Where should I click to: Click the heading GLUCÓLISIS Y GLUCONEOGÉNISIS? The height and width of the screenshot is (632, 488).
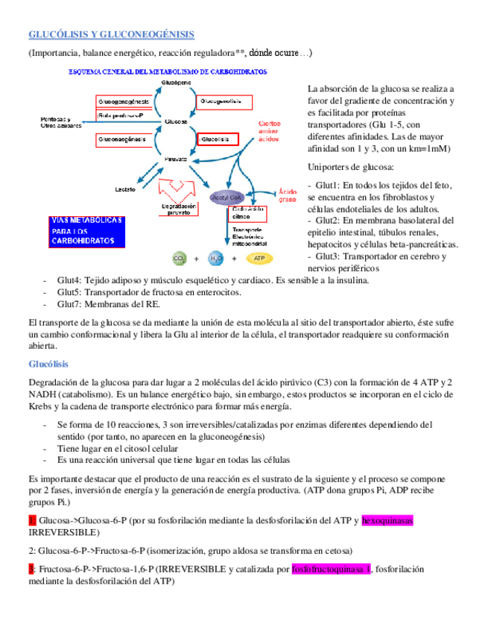[111, 34]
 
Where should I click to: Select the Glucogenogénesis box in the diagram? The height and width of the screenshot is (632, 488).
[125, 101]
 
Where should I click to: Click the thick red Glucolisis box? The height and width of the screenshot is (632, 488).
[217, 139]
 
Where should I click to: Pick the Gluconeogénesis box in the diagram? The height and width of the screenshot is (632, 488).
[125, 139]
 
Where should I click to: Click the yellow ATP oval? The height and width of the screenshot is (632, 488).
[259, 259]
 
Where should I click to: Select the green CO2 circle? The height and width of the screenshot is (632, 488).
[180, 259]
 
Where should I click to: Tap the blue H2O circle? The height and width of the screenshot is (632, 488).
[217, 259]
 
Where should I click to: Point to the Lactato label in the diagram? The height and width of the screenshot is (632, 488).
[124, 189]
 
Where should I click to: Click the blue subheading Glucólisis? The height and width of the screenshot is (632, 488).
[48, 364]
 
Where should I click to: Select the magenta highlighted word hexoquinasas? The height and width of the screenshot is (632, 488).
[392, 520]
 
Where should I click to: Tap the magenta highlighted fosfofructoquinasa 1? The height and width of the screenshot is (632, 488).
[331, 569]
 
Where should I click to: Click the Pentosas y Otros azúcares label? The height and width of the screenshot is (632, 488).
[56, 123]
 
